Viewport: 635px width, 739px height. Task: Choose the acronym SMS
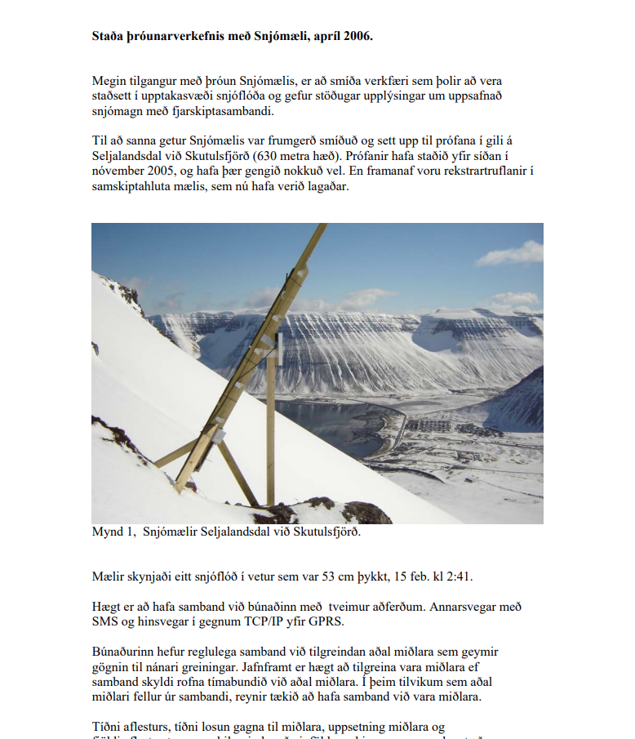pyautogui.click(x=105, y=622)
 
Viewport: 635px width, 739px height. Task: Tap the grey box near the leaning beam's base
pyautogui.click(x=219, y=436)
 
